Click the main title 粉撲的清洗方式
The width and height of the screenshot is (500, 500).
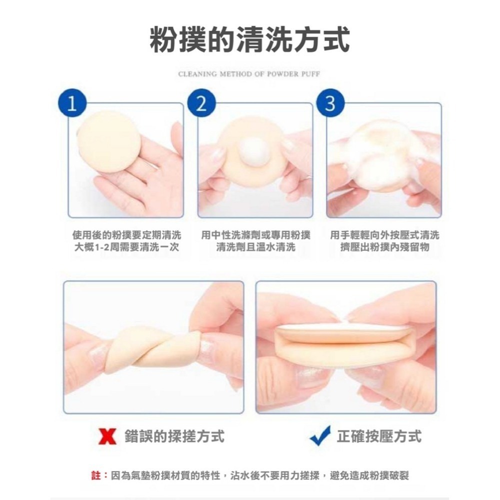(x=249, y=39)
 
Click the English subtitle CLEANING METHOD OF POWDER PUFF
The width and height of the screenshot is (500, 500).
(x=249, y=74)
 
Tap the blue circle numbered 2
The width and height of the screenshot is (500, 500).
(x=201, y=104)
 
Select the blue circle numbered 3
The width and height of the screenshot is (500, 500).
(x=330, y=104)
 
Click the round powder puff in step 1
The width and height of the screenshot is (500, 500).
(x=109, y=141)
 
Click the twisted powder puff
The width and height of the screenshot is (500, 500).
(x=152, y=348)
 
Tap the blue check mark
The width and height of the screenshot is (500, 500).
(x=320, y=435)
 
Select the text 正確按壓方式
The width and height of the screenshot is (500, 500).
(x=379, y=436)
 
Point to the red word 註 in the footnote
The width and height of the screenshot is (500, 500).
(x=96, y=475)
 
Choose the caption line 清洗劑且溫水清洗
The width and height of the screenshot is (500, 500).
(x=255, y=247)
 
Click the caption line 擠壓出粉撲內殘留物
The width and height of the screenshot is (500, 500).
(x=384, y=247)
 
